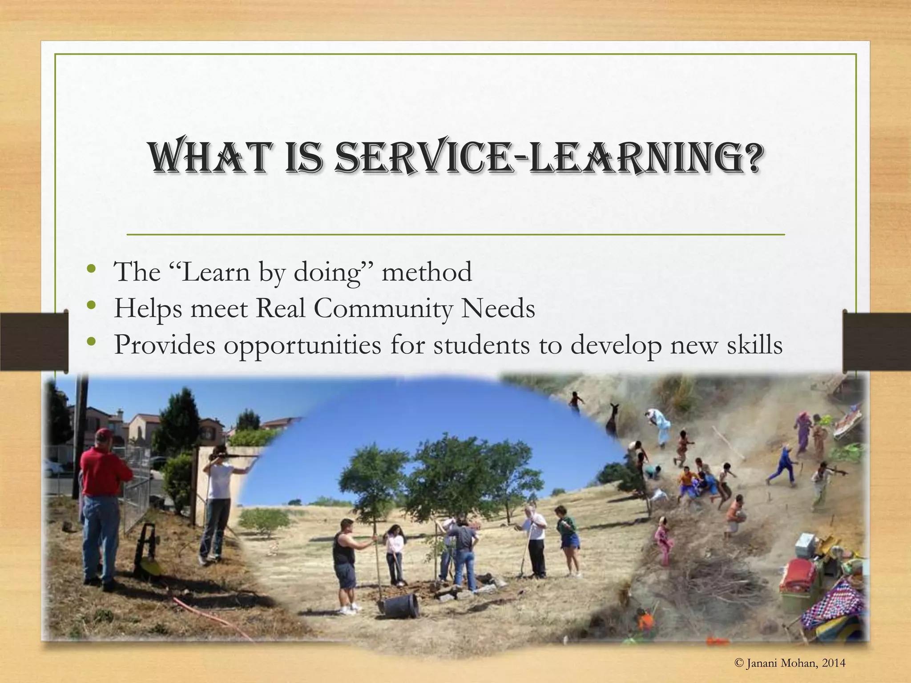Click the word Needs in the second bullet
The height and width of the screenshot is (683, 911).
(498, 308)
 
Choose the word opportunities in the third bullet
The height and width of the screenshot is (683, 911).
(302, 346)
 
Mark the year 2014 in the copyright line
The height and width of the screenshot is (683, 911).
(834, 663)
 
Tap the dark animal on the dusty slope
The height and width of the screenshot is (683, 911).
(613, 420)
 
